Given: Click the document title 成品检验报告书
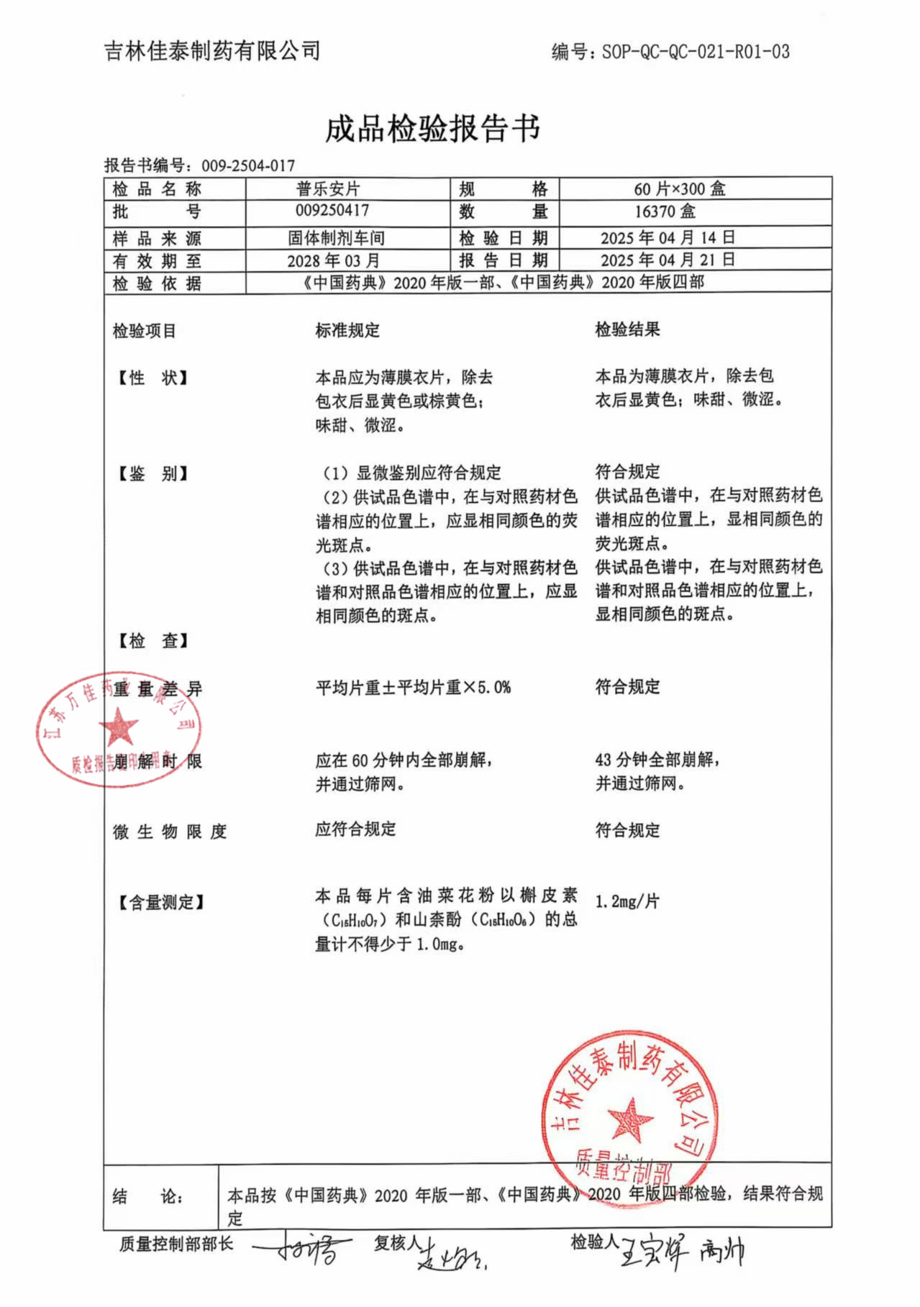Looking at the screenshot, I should click(x=432, y=129).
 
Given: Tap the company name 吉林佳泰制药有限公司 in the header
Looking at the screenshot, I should click(x=212, y=51).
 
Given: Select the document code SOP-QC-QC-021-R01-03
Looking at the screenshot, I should click(x=696, y=52).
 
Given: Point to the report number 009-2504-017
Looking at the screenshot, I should click(x=248, y=166).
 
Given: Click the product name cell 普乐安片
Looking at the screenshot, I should click(x=328, y=189).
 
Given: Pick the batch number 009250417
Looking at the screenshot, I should click(x=332, y=211).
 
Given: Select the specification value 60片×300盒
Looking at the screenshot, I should click(x=680, y=189).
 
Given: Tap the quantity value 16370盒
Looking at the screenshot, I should click(x=665, y=211).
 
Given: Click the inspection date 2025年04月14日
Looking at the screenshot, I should click(x=668, y=238).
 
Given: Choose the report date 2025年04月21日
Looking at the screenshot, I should click(x=668, y=260).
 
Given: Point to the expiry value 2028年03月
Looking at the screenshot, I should click(x=333, y=260).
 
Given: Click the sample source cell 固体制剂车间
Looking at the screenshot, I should click(x=336, y=238).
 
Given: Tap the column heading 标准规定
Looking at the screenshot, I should click(x=347, y=330).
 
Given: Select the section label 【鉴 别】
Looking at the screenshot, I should click(x=152, y=473).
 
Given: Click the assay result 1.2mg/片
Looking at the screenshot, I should click(x=627, y=901).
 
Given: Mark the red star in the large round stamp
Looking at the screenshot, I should click(x=630, y=1120).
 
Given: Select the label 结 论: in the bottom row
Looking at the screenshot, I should click(x=147, y=1197).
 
